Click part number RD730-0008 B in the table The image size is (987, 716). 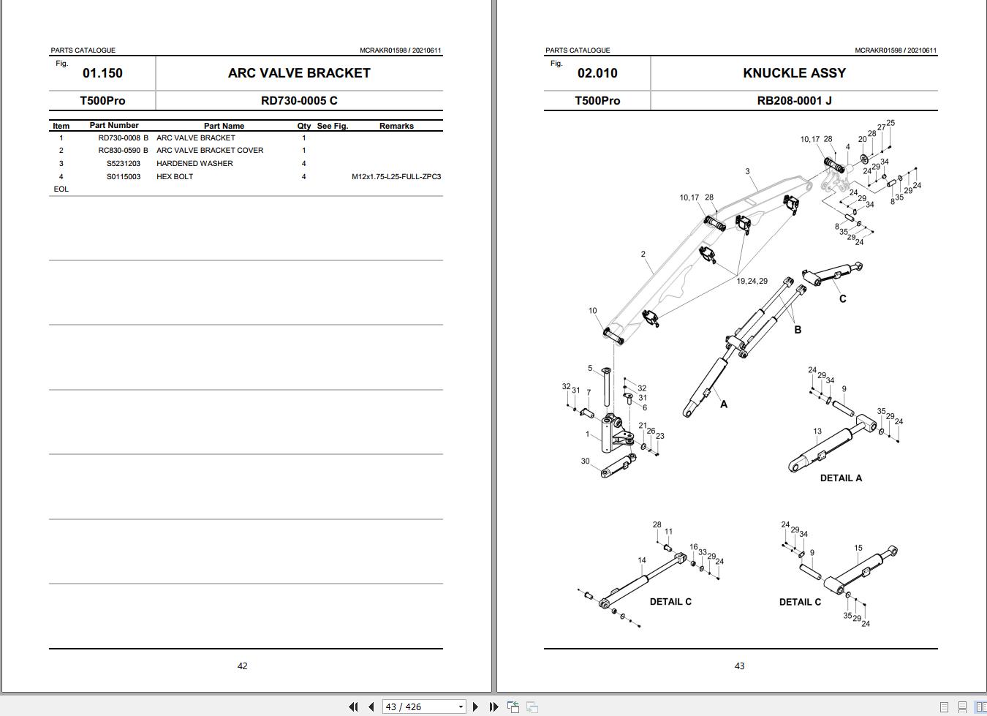(x=123, y=137)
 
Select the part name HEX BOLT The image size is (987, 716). (x=175, y=176)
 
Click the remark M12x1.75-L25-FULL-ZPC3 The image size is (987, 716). (x=396, y=176)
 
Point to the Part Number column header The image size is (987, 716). (x=114, y=126)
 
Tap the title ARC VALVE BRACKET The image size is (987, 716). (x=299, y=73)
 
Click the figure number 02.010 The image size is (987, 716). (x=597, y=73)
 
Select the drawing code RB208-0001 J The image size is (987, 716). (x=794, y=101)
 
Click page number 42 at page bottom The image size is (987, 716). (x=242, y=666)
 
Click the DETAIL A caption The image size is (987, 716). (x=841, y=478)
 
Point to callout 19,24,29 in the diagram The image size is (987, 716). (x=752, y=281)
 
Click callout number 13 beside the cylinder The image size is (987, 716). (x=817, y=432)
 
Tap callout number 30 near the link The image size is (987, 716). (x=585, y=461)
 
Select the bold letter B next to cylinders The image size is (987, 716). (x=798, y=330)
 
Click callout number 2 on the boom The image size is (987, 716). (x=643, y=255)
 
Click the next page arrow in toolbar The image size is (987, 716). (x=475, y=706)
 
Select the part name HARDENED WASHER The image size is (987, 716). (x=194, y=163)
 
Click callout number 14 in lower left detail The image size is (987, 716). (x=641, y=560)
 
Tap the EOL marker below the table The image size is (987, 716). (x=61, y=189)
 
